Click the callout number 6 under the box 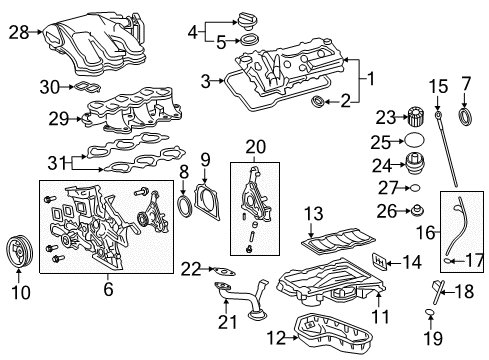pyautogui.click(x=107, y=290)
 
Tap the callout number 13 pyautogui.click(x=313, y=212)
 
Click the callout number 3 pyautogui.click(x=205, y=80)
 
